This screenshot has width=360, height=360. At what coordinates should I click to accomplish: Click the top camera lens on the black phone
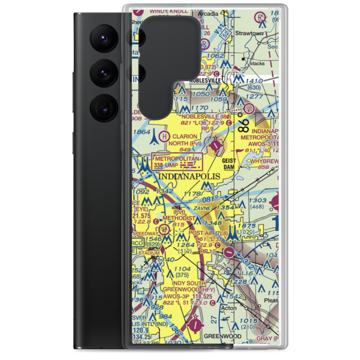tap(103, 38)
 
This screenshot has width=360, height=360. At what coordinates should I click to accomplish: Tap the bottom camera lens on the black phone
tap(103, 107)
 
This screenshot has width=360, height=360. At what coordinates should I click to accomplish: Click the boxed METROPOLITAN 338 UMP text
tap(177, 161)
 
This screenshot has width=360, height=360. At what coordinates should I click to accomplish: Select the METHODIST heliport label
tap(179, 219)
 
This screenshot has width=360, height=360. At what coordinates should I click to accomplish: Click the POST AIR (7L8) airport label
tap(208, 233)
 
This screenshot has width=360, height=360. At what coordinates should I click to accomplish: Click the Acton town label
tap(229, 308)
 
